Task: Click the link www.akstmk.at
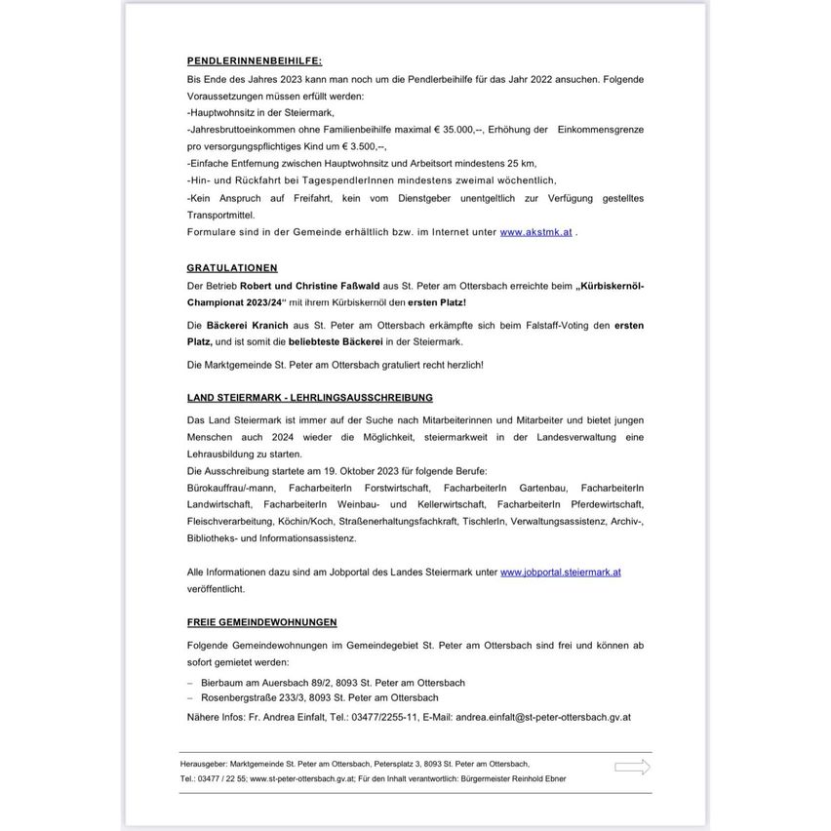[535, 232]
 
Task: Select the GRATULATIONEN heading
[232, 268]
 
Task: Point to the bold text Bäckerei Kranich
[247, 325]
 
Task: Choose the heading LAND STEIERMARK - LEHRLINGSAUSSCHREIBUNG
[310, 398]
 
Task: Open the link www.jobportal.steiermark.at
[560, 573]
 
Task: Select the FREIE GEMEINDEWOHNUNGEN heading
[262, 622]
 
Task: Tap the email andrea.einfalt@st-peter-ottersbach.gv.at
[543, 717]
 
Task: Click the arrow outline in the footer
[632, 768]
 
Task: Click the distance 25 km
[522, 164]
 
